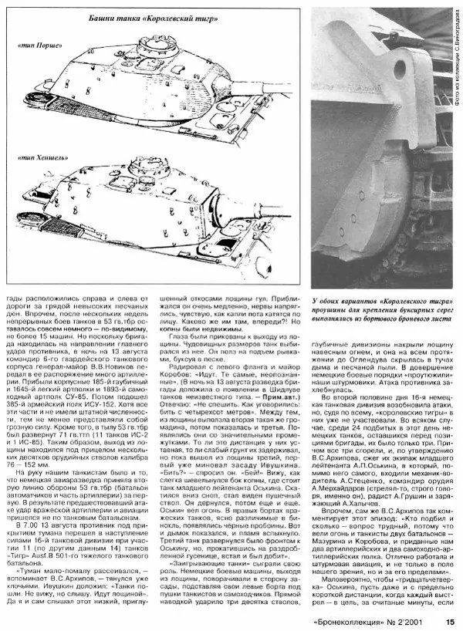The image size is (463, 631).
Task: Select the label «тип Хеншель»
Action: (x=39, y=157)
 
